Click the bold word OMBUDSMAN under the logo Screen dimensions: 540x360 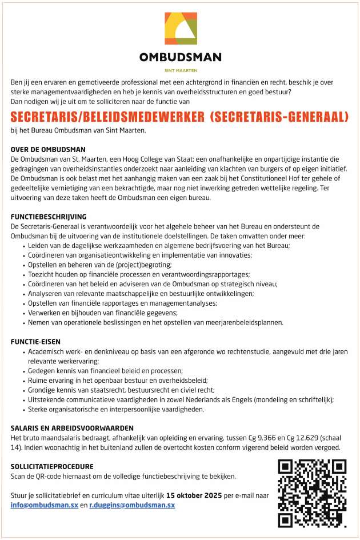coord(181,57)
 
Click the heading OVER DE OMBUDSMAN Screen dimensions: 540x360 coord(48,150)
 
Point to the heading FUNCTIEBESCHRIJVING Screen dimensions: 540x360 coord(49,217)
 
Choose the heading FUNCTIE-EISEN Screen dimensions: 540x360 coord(36,342)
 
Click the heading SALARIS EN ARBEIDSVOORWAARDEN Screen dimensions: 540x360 coord(72,428)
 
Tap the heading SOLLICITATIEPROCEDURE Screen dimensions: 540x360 coord(52,467)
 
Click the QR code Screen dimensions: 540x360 coord(312,493)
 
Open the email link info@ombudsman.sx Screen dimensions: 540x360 coord(45,506)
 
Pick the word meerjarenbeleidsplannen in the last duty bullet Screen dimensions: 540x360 coord(243,322)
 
